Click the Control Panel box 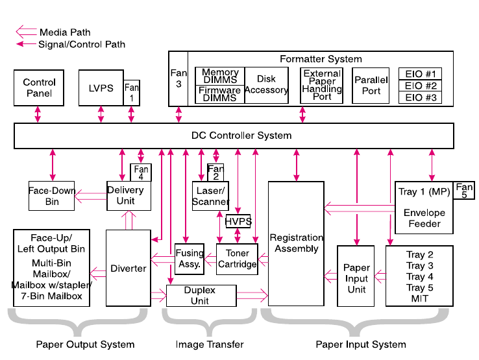(x=40, y=88)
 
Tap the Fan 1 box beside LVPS (x=132, y=93)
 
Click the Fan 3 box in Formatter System (x=178, y=78)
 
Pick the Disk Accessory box (x=266, y=85)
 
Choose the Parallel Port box (x=371, y=86)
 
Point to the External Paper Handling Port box (x=322, y=85)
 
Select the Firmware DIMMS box (x=219, y=95)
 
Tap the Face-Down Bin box (x=52, y=196)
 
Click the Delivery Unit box (x=125, y=196)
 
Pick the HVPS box (x=238, y=221)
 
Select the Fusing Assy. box (x=189, y=259)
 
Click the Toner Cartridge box (x=237, y=259)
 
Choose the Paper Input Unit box (x=356, y=278)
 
